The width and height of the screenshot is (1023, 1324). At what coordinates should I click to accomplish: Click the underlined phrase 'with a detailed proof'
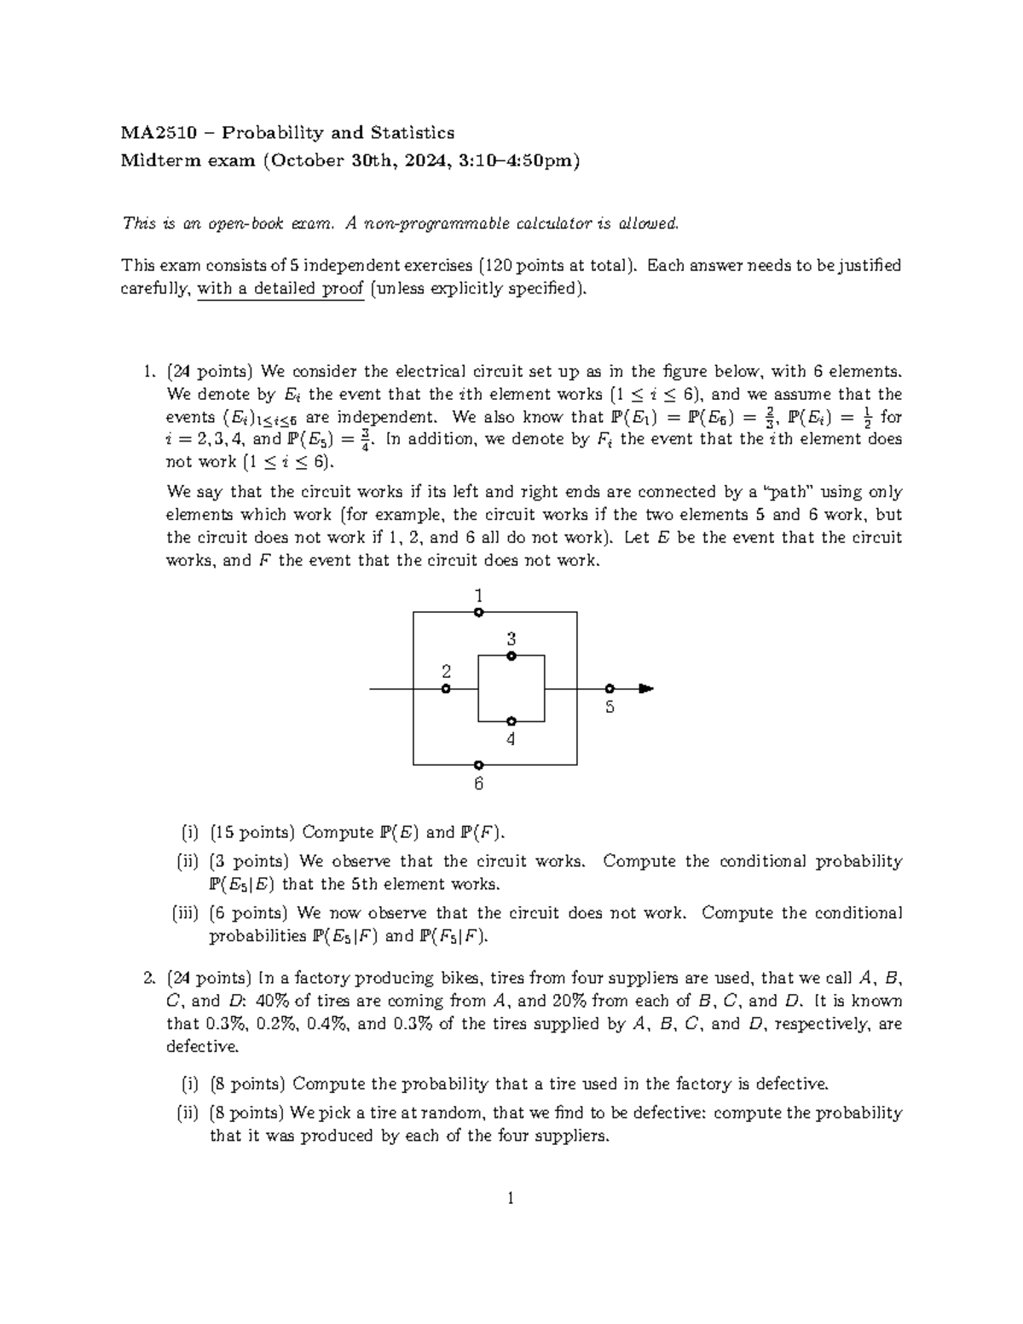click(280, 289)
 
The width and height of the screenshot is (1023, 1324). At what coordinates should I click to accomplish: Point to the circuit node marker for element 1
click(479, 612)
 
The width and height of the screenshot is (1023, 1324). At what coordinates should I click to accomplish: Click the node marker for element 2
click(446, 689)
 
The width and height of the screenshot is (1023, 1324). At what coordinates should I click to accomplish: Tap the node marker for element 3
click(511, 656)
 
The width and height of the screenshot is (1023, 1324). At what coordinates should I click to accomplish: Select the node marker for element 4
click(511, 721)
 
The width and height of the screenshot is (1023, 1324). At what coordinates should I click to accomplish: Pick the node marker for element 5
click(609, 689)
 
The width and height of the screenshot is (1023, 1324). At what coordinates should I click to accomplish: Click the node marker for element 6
click(479, 765)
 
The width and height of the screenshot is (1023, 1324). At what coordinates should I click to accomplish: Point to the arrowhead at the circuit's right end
click(646, 689)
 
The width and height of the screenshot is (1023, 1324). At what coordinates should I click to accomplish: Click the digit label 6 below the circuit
click(479, 783)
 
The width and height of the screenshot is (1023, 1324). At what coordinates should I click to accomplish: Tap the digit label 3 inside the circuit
click(511, 639)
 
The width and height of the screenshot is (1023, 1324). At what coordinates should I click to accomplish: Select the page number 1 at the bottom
click(511, 1200)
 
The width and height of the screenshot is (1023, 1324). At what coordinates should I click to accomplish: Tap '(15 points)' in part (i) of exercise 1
click(252, 832)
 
